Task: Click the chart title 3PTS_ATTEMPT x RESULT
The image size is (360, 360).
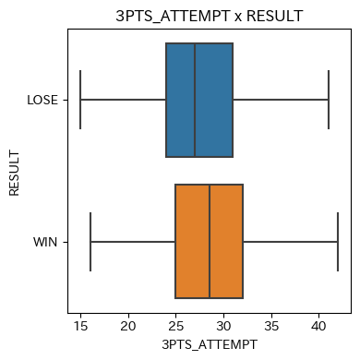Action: pyautogui.click(x=210, y=16)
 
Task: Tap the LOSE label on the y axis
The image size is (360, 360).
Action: pyautogui.click(x=42, y=100)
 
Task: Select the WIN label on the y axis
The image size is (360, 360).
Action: pyautogui.click(x=45, y=242)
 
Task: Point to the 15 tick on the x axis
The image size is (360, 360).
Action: pyautogui.click(x=80, y=326)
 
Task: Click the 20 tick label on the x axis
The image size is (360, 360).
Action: pyautogui.click(x=128, y=326)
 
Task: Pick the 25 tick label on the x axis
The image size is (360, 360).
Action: pyautogui.click(x=176, y=326)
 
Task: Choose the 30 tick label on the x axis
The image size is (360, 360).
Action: pyautogui.click(x=223, y=326)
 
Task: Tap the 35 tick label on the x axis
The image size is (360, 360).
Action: pyautogui.click(x=271, y=326)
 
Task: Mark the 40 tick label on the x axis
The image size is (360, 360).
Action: pyautogui.click(x=318, y=326)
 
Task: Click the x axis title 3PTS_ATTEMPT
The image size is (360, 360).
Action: pyautogui.click(x=210, y=344)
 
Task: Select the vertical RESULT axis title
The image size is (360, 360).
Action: pyautogui.click(x=14, y=173)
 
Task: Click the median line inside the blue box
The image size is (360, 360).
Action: pyautogui.click(x=195, y=100)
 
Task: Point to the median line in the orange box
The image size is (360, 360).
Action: pyautogui.click(x=210, y=241)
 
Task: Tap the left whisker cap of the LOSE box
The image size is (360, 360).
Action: pyautogui.click(x=80, y=100)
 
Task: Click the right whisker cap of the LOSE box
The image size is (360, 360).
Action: pyautogui.click(x=329, y=100)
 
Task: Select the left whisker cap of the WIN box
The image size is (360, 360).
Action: pyautogui.click(x=90, y=242)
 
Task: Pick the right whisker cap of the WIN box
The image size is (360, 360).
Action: pyautogui.click(x=338, y=242)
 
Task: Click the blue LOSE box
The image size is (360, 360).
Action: pyautogui.click(x=199, y=100)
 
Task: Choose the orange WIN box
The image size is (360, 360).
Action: pyautogui.click(x=210, y=241)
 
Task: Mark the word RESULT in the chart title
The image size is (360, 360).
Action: pyautogui.click(x=275, y=16)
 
